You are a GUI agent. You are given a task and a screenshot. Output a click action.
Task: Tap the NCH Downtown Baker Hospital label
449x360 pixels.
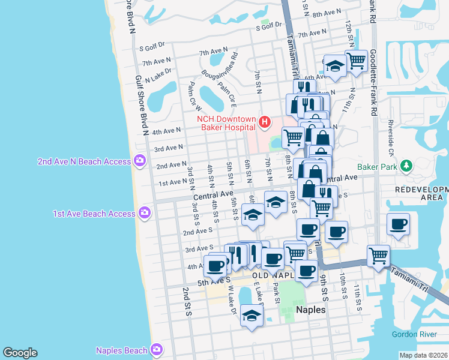pos(227,123)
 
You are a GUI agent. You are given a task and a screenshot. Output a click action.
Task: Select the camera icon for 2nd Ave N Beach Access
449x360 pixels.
pos(140,160)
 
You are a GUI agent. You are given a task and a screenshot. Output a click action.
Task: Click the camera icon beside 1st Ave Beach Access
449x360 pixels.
pos(144,212)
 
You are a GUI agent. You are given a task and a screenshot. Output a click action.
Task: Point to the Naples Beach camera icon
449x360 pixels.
pos(156,349)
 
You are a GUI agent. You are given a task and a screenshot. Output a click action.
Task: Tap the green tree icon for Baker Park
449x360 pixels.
pos(406,166)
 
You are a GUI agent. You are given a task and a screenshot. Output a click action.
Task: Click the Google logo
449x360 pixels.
pos(20,353)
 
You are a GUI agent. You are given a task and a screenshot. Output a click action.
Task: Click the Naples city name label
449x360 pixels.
pos(311,310)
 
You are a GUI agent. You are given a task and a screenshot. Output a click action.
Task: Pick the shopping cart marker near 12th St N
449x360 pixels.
pos(357,61)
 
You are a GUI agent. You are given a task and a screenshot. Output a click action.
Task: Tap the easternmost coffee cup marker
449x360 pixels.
pos(398,224)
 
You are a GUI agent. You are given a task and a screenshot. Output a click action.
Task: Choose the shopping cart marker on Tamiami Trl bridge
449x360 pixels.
pos(378,255)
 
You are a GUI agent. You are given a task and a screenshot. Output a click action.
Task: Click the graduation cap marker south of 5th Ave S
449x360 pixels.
pos(252,315)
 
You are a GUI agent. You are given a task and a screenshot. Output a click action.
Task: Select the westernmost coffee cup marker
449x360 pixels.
pos(215,265)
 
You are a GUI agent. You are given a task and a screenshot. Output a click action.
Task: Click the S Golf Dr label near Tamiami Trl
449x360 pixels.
pos(269,26)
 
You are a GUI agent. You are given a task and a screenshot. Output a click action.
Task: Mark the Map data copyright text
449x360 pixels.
pos(423,355)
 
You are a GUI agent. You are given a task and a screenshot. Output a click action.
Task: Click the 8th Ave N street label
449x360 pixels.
pos(327,13)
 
